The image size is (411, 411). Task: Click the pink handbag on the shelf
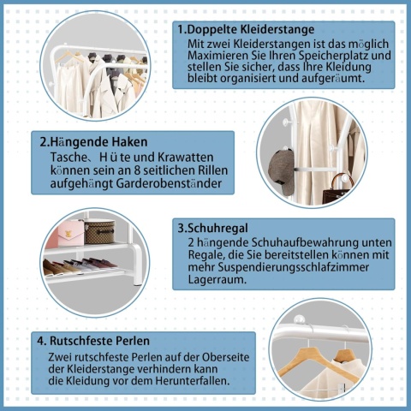point(68,230)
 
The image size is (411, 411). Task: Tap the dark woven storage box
point(99,231)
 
